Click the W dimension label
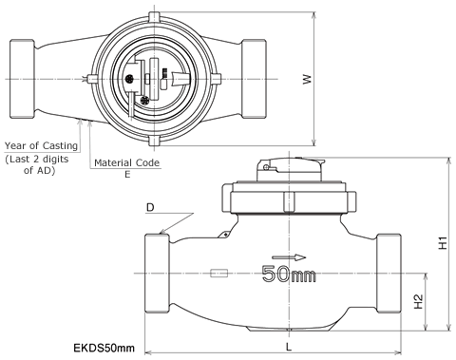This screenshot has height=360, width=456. pos(307,79)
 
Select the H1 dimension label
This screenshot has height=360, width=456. pos(443,242)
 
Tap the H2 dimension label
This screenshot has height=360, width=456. pos(418,301)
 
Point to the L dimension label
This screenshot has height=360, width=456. pos(289,347)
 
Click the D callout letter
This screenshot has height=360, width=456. pos(150,208)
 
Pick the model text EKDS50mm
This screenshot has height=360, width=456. pos(104,348)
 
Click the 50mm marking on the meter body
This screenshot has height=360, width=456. pos(289,274)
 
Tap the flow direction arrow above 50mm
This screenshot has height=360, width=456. pos(289,257)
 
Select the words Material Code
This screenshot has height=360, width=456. pos(127,162)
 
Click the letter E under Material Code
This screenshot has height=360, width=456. pos(127,175)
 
